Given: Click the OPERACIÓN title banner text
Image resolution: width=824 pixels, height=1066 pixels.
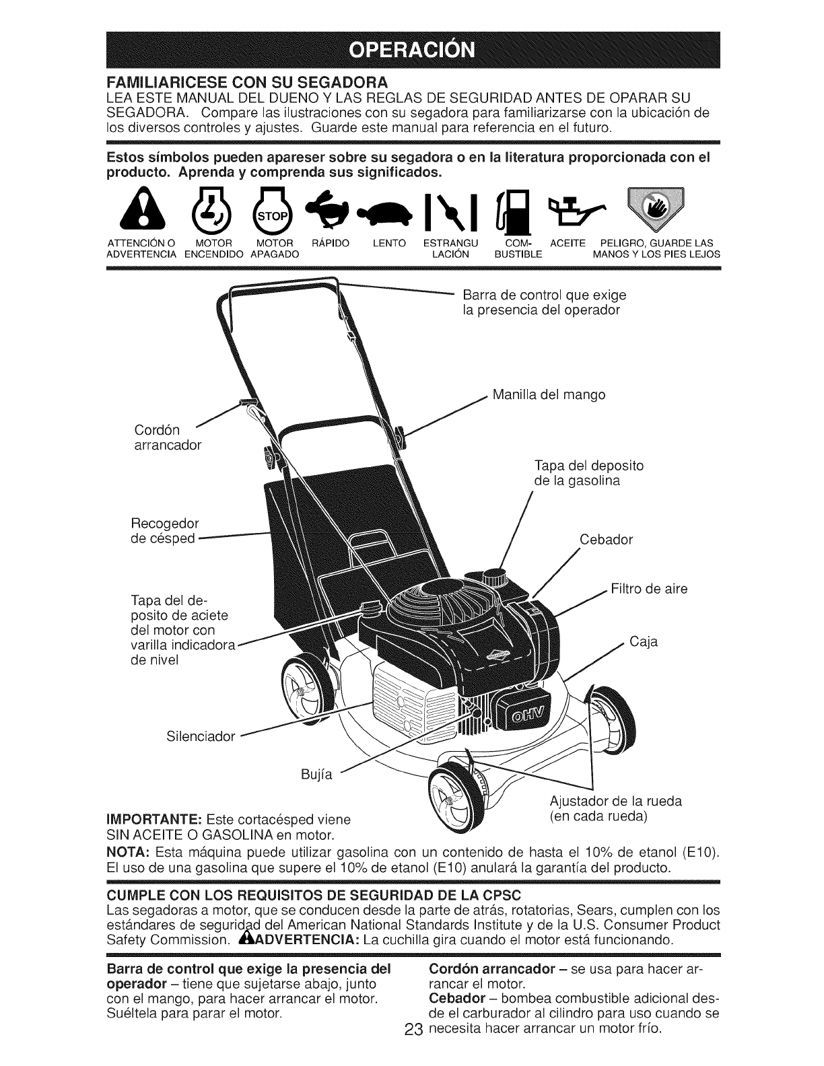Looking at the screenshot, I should (412, 51).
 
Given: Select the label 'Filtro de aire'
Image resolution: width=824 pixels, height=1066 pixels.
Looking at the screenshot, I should (649, 590).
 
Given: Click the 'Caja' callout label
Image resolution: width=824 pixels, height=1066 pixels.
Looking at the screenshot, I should (644, 641).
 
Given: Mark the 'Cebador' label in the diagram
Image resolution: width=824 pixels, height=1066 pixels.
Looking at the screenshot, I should (606, 540).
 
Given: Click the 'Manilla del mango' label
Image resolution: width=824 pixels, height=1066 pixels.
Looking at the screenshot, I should (549, 394).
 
